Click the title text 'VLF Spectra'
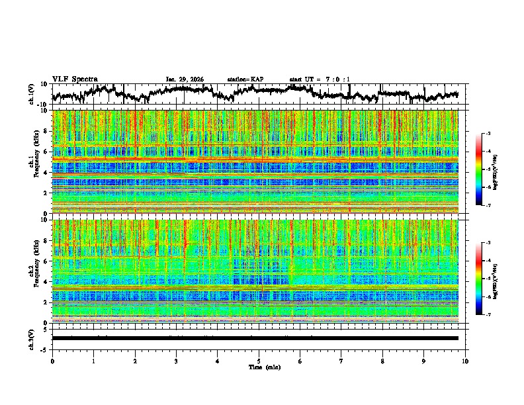(75, 79)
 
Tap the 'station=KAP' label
(245, 79)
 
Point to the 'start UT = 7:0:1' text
(320, 79)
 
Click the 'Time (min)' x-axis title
(259, 367)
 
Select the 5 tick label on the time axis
(259, 361)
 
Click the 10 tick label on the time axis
(466, 361)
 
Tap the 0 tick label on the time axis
(52, 361)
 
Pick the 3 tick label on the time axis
(176, 361)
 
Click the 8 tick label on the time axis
(383, 361)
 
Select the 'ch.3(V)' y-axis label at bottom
(32, 337)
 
